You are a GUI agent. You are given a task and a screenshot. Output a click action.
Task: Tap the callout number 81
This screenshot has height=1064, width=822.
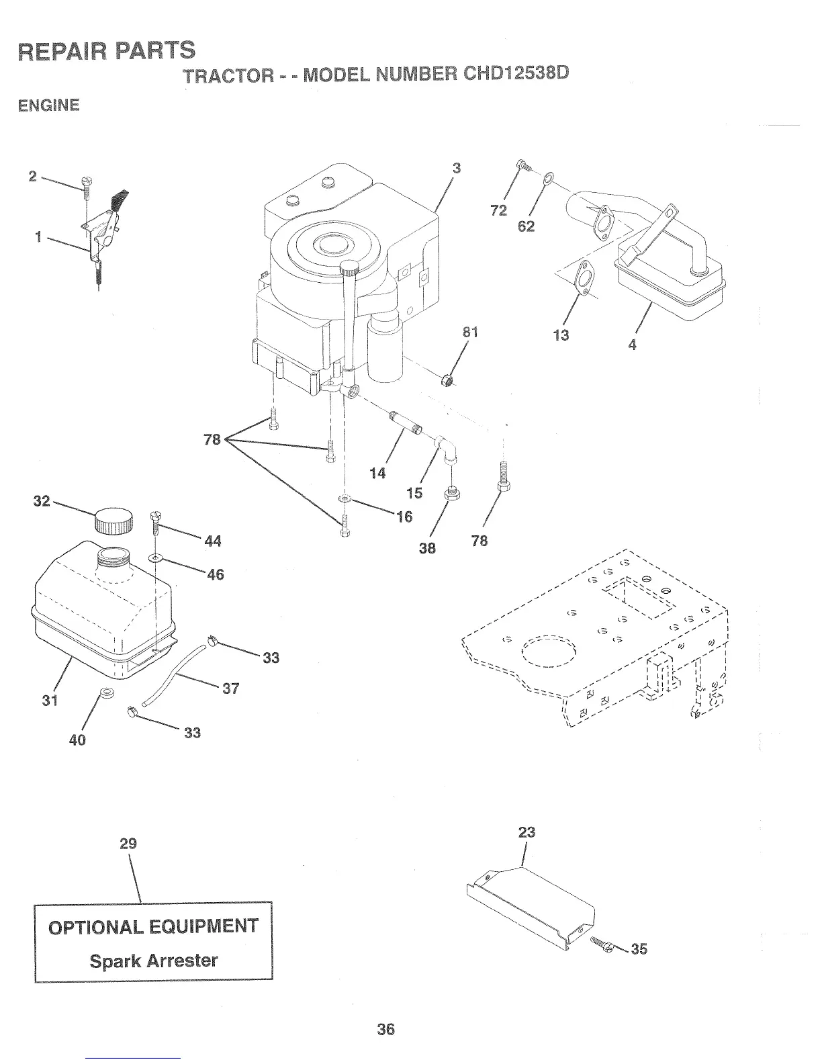tap(470, 332)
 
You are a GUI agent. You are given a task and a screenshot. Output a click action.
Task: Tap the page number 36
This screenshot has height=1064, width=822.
tap(385, 1028)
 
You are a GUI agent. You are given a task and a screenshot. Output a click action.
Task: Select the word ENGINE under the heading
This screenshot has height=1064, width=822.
tap(49, 105)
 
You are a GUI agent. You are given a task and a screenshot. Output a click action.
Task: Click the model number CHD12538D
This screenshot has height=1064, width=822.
tap(512, 71)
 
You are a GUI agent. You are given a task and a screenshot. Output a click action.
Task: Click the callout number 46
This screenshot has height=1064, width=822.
tap(215, 574)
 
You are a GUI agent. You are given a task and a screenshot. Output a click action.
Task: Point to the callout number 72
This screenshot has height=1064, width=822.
tap(498, 210)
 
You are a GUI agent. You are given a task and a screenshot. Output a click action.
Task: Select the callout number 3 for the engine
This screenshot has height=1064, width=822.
tap(456, 169)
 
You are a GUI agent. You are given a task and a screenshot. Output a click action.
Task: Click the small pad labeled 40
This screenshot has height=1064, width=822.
tap(105, 692)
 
